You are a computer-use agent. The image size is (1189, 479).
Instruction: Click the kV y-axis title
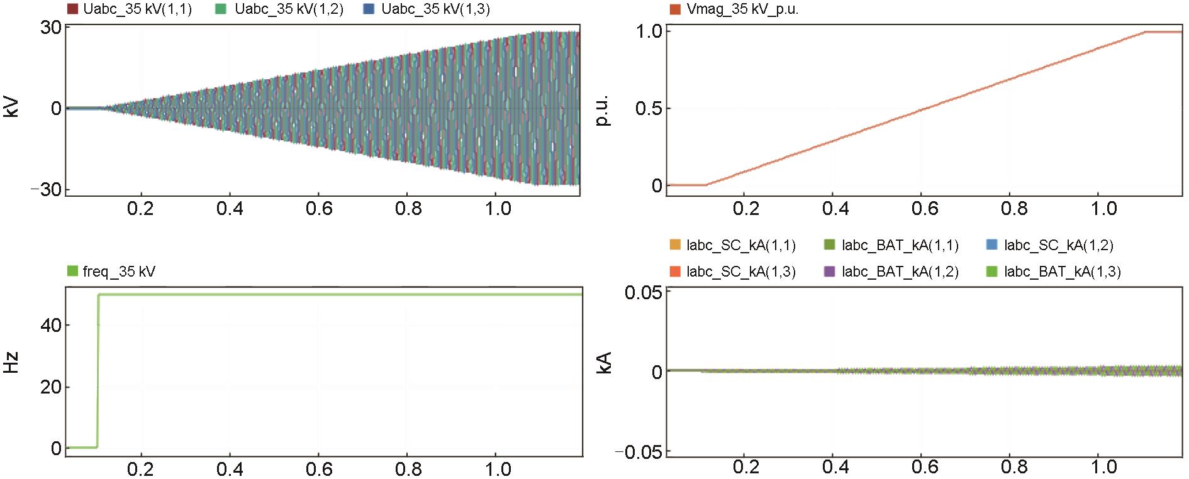pos(11,108)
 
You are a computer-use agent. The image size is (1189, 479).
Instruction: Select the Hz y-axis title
pos(11,363)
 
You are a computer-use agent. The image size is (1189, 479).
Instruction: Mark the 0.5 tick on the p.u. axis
pos(648,108)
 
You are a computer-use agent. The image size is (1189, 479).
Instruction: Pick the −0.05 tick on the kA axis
pos(639,452)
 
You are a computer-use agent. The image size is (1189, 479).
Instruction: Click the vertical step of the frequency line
pos(98,371)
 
